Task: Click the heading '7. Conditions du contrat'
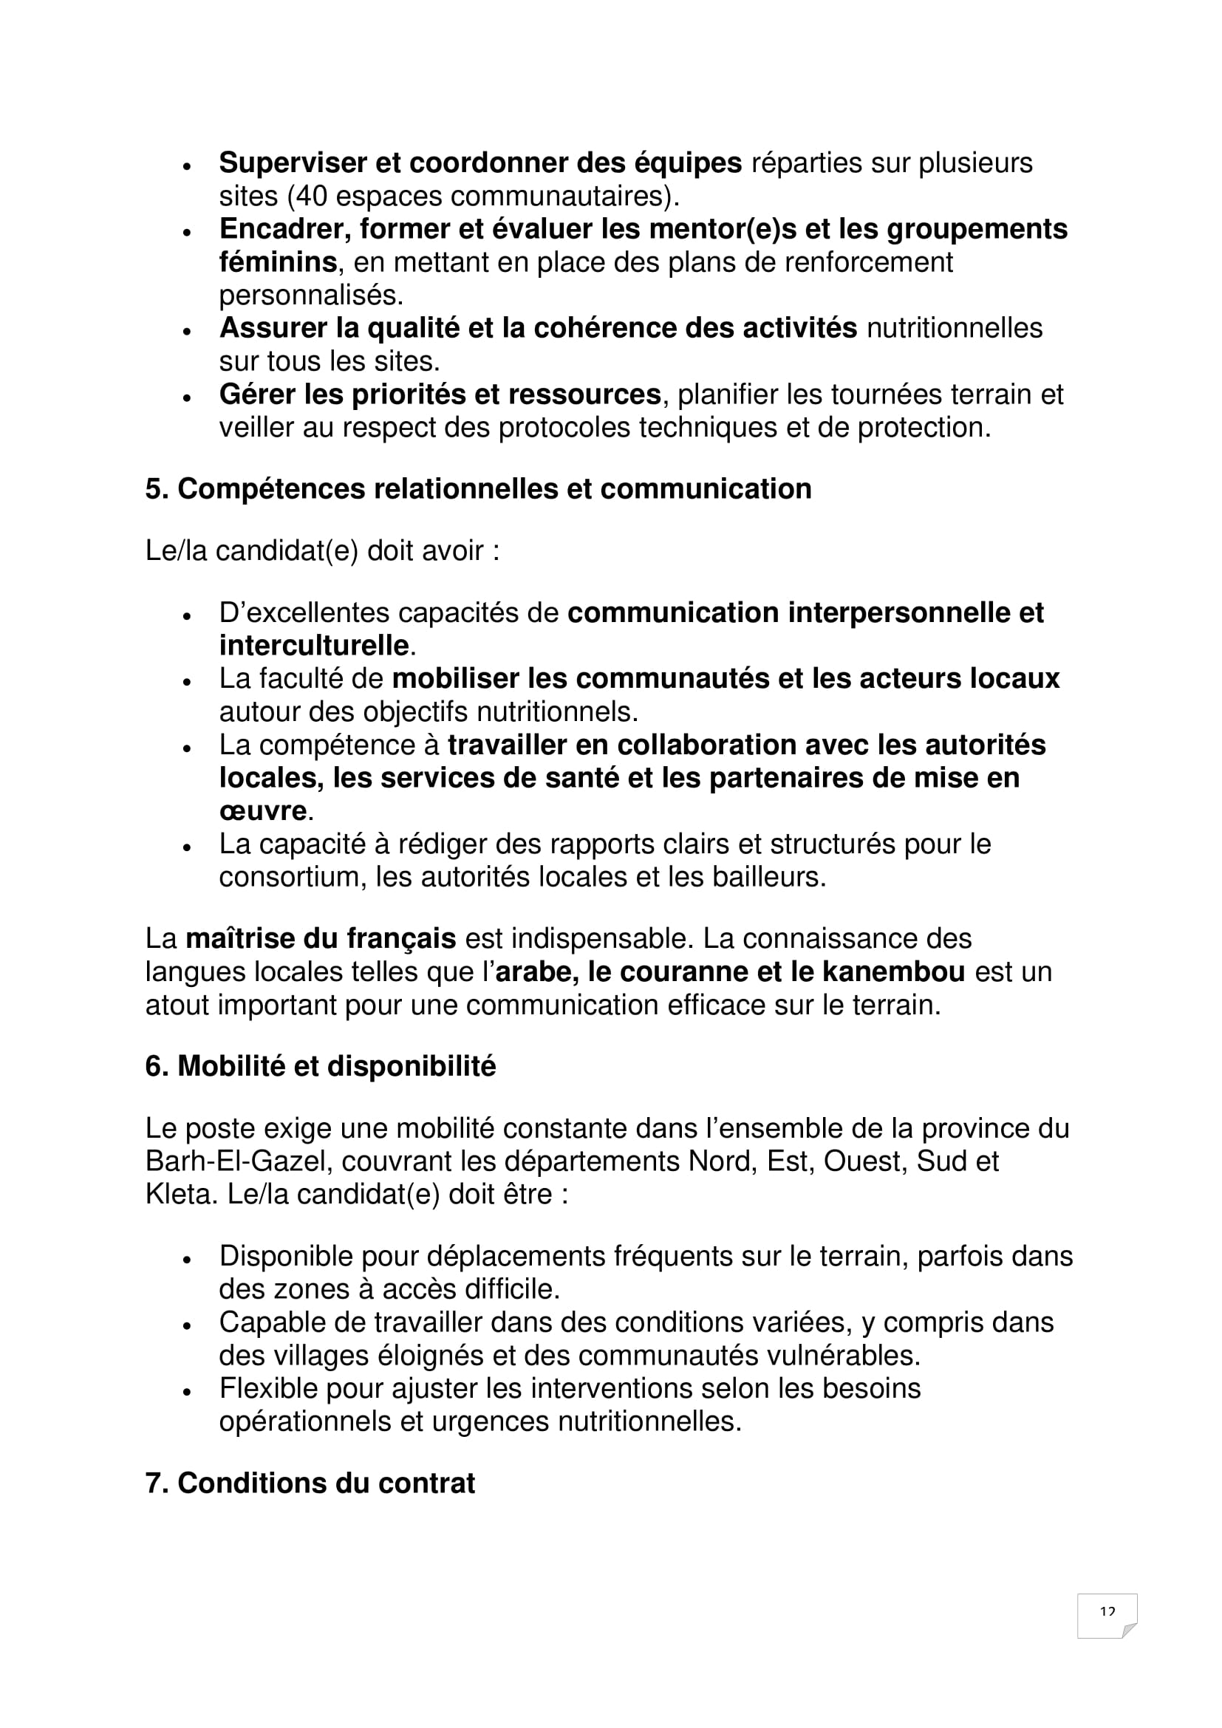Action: pos(310,1483)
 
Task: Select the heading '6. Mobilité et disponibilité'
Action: pos(321,1067)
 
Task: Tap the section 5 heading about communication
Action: pos(479,489)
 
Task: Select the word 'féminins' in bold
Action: pos(278,262)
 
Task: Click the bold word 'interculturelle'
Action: pos(314,645)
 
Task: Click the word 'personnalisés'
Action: pos(311,295)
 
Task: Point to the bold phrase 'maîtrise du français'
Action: pos(321,938)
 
